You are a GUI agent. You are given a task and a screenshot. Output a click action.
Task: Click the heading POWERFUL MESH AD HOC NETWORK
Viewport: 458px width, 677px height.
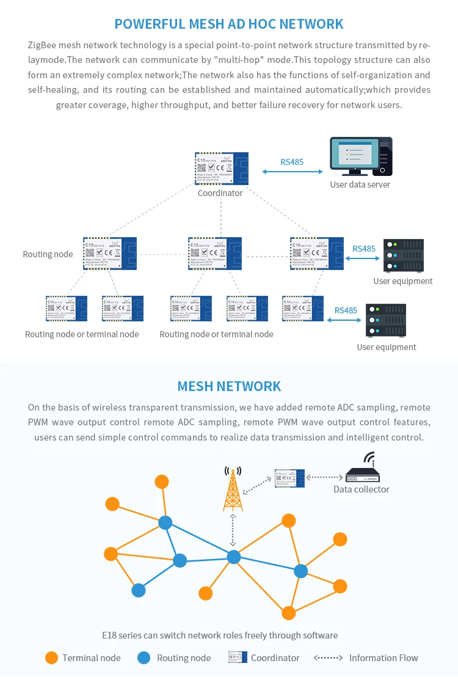pos(229,24)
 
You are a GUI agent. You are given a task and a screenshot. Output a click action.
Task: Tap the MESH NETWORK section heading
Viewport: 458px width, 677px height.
pos(229,386)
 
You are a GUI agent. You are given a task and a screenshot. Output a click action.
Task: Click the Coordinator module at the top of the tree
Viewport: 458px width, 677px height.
pos(220,169)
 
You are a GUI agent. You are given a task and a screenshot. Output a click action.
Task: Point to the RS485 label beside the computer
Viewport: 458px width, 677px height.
pos(292,162)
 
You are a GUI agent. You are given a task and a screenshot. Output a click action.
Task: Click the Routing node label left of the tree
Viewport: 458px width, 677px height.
pos(48,254)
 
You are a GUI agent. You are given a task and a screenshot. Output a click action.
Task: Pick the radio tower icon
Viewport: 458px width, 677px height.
pos(233,489)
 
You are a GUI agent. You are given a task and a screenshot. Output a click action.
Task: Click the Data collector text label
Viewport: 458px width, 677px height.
pos(361,489)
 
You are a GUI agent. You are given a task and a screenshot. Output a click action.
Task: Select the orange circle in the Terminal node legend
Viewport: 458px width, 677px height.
pos(52,657)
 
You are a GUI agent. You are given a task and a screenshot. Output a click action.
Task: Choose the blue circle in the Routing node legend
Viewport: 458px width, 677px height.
pos(144,657)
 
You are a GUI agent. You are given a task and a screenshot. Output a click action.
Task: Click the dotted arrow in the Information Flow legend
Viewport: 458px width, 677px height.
pos(328,657)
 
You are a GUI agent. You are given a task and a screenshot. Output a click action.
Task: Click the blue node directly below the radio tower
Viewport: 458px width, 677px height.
pos(234,557)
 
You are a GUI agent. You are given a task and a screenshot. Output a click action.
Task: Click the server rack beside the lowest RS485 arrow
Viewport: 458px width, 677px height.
pos(385,320)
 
